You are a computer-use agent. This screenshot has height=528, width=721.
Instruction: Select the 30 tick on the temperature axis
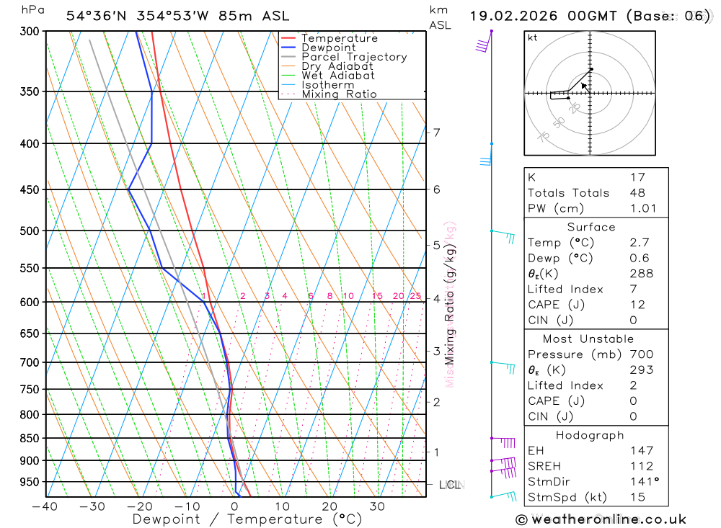click(377, 506)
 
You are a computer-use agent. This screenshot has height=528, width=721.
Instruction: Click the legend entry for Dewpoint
click(328, 48)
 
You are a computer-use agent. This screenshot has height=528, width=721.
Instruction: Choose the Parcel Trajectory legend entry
click(354, 57)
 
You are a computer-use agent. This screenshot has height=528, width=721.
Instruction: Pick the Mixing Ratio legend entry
click(339, 94)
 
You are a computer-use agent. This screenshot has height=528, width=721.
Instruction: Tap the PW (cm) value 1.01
click(643, 209)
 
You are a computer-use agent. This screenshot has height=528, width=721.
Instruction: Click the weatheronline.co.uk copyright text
click(601, 519)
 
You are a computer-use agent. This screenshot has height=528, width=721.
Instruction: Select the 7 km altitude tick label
click(436, 133)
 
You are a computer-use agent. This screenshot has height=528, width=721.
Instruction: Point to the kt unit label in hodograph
click(533, 37)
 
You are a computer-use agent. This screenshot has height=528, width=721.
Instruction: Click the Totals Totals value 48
click(637, 193)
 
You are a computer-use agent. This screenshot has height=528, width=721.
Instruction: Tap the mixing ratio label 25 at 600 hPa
click(415, 296)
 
